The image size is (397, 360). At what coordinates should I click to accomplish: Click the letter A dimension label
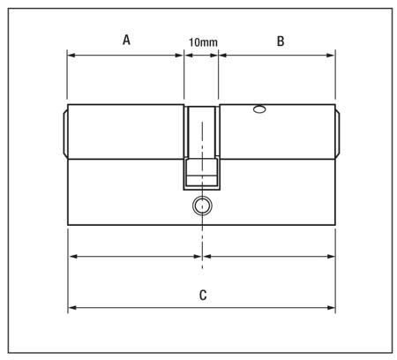pyautogui.click(x=126, y=40)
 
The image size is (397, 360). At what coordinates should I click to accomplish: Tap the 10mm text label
pyautogui.click(x=203, y=41)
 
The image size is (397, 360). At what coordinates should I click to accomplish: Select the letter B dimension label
pyautogui.click(x=281, y=40)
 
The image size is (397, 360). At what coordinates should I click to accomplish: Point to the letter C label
pyautogui.click(x=202, y=295)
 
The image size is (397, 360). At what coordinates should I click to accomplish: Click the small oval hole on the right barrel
pyautogui.click(x=258, y=110)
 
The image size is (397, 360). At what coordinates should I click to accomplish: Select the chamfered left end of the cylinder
pyautogui.click(x=64, y=132)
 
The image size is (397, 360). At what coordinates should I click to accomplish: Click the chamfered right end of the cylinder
pyautogui.click(x=340, y=132)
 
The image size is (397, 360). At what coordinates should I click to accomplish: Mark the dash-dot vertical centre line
pyautogui.click(x=202, y=238)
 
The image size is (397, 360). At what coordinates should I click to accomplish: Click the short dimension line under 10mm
pyautogui.click(x=202, y=55)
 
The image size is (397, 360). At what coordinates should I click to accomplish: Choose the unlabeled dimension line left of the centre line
pyautogui.click(x=136, y=257)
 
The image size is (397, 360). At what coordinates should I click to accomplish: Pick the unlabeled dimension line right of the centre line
pyautogui.click(x=269, y=257)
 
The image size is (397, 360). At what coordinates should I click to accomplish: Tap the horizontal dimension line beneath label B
pyautogui.click(x=278, y=55)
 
